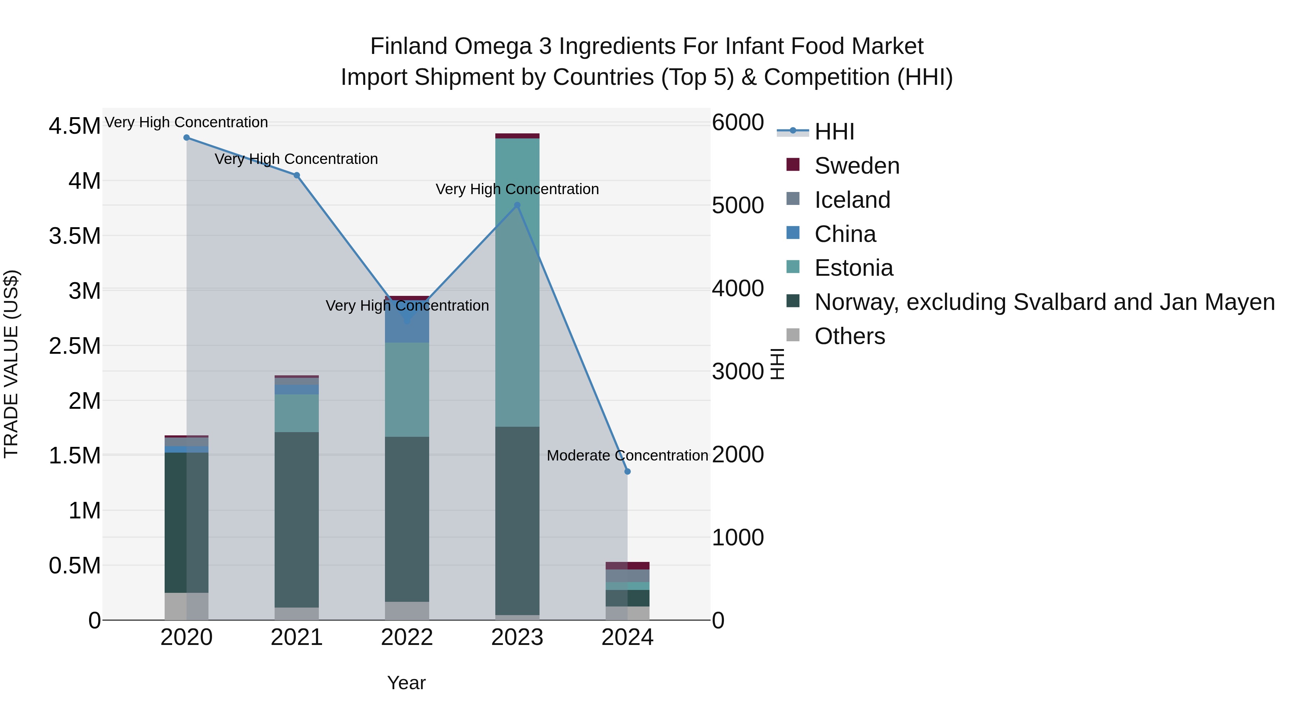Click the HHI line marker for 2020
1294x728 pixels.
pos(186,138)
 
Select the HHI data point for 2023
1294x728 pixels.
pos(517,205)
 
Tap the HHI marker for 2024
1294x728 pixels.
pos(627,472)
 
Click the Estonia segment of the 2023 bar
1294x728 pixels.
pos(517,281)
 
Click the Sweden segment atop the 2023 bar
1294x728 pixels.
pos(517,136)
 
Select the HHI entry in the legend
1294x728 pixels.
pos(834,132)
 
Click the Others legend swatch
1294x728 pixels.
pos(793,335)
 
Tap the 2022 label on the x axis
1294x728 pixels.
pos(407,637)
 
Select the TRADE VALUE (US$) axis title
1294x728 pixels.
pos(11,364)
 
